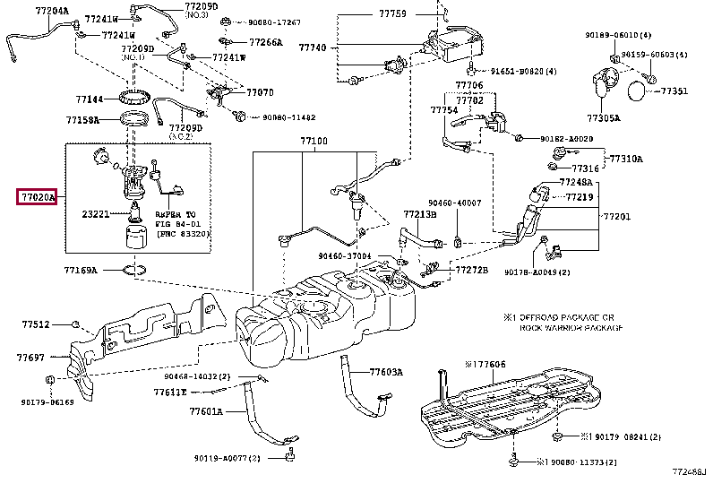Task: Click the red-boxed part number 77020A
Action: pyautogui.click(x=37, y=196)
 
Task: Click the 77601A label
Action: pyautogui.click(x=205, y=412)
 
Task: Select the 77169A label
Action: pyautogui.click(x=82, y=269)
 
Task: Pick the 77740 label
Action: pyautogui.click(x=314, y=47)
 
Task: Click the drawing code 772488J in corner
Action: pyautogui.click(x=689, y=470)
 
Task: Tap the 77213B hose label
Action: pyautogui.click(x=419, y=214)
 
